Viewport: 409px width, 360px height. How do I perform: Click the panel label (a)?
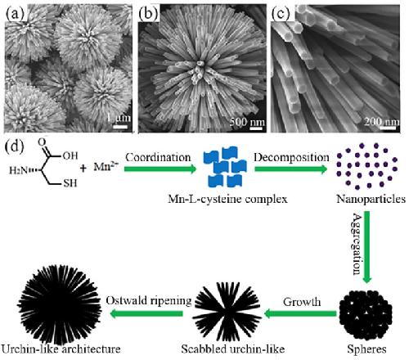[15, 14]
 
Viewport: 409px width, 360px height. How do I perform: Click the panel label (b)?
[148, 14]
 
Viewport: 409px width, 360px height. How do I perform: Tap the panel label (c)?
[281, 14]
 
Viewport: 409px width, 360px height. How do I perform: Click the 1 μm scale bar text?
[119, 118]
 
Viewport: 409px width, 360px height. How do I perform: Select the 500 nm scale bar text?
[247, 122]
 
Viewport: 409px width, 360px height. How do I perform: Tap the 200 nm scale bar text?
[382, 122]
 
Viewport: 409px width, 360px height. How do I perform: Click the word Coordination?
[158, 158]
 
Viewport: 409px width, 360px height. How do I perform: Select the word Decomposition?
[292, 158]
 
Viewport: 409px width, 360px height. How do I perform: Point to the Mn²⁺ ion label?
[106, 166]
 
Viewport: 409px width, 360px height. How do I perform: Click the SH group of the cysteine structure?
[70, 183]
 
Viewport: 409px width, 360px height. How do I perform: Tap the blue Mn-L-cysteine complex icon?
[225, 167]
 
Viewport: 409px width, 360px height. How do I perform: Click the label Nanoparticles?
[371, 199]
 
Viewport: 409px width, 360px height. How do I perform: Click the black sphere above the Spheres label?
[366, 317]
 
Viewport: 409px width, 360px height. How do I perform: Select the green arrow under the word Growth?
[300, 313]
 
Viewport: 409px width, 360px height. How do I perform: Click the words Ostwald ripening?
[149, 301]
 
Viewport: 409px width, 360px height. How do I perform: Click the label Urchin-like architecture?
[61, 349]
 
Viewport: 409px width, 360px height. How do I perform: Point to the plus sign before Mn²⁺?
[83, 168]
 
